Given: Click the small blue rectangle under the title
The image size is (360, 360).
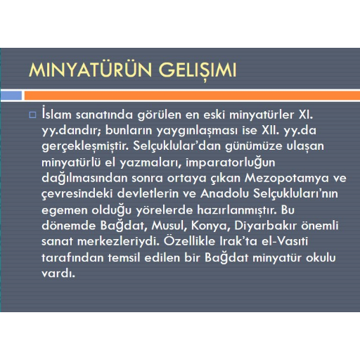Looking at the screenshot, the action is (11, 96).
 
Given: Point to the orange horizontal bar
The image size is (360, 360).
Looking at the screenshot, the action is (192, 96).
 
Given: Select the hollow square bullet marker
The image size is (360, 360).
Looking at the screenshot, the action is (32, 115).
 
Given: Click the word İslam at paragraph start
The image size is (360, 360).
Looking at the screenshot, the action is (56, 114).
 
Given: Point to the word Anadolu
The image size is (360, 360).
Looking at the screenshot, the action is (224, 193).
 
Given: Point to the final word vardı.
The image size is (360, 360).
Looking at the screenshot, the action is (58, 273).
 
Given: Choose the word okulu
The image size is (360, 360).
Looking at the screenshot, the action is (321, 257).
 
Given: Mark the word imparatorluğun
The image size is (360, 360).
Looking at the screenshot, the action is (230, 163).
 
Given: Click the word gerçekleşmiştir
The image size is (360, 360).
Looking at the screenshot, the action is (85, 147).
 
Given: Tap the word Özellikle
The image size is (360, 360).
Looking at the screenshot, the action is (189, 240).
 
